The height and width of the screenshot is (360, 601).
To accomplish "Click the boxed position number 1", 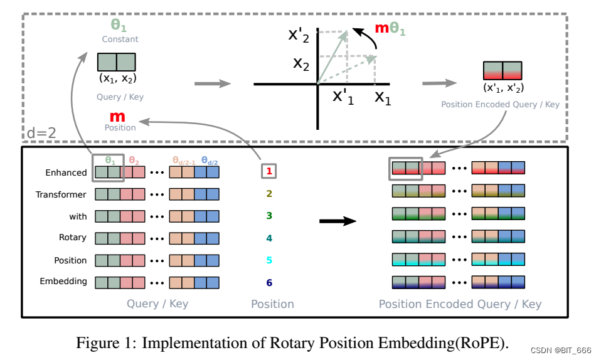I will pos(269,170).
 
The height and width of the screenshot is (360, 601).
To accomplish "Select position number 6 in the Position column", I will pos(269,283).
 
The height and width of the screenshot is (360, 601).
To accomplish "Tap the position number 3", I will pos(269,216).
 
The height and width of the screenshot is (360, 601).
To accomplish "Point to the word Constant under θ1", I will pos(120,40).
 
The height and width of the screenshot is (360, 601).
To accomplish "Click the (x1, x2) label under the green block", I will pos(117,78).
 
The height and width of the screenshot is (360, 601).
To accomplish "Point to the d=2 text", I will pos(41,133).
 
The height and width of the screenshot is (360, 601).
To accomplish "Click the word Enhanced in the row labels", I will pos(66,172).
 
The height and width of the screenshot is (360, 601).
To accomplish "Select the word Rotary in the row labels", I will pos(72,238).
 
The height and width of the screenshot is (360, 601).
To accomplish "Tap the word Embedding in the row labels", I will pos(63,281).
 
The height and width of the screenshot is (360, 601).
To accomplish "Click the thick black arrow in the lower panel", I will pos(338,221).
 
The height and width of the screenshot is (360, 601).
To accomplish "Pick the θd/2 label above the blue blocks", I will pos(210,161).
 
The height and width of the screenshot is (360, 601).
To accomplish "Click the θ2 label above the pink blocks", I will pos(134,161).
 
